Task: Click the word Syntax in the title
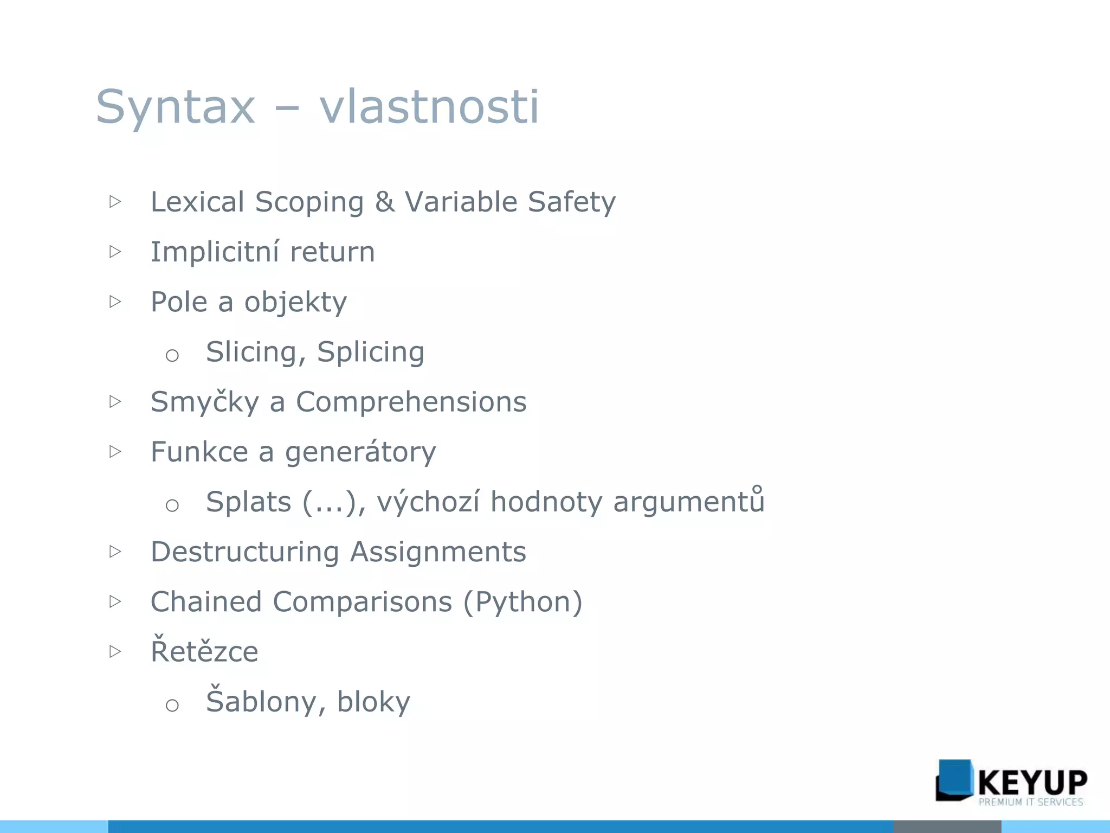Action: [x=175, y=107]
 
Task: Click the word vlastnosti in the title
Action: [x=429, y=107]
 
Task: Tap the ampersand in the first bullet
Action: [x=384, y=202]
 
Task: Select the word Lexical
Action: [x=197, y=202]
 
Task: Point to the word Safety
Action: [x=572, y=202]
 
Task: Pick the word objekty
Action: [x=295, y=302]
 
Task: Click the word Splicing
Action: [x=371, y=352]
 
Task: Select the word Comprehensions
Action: [x=411, y=402]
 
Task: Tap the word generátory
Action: [x=360, y=452]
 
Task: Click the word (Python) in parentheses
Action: [x=523, y=602]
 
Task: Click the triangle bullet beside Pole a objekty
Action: [x=115, y=302]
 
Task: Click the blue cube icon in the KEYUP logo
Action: [x=954, y=780]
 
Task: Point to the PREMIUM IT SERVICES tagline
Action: [x=1030, y=802]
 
